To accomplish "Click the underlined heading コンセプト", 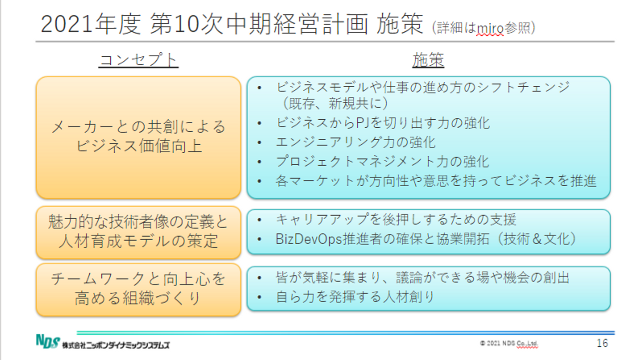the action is [138, 60].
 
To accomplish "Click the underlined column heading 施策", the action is [428, 60].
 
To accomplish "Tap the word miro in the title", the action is [490, 29].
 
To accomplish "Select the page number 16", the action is [602, 343].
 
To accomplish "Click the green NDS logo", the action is [48, 341].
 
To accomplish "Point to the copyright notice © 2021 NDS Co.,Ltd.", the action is [509, 343].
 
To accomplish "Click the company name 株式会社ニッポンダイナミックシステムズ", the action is [116, 345].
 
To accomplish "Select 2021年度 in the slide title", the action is [91, 25].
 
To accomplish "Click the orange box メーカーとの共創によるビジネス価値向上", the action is [138, 138].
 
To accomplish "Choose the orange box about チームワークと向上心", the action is [138, 290].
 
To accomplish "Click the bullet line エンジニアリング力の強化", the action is [355, 142].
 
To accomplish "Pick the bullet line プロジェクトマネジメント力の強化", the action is [382, 161].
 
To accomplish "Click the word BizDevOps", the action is [309, 239].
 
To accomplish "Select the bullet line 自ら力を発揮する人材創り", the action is [355, 297].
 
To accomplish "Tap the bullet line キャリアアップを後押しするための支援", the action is [396, 220].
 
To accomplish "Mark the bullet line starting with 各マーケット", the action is [436, 181].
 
